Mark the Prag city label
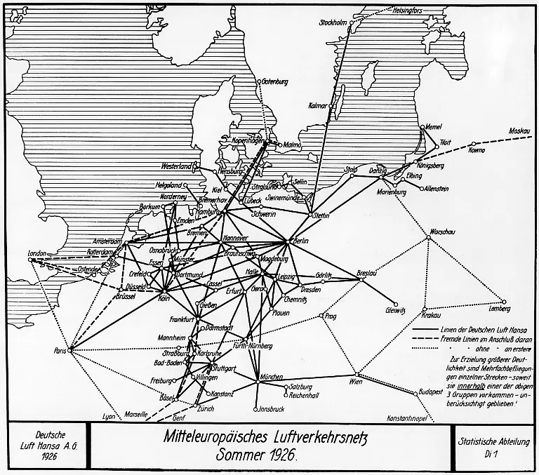[x=331, y=316]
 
